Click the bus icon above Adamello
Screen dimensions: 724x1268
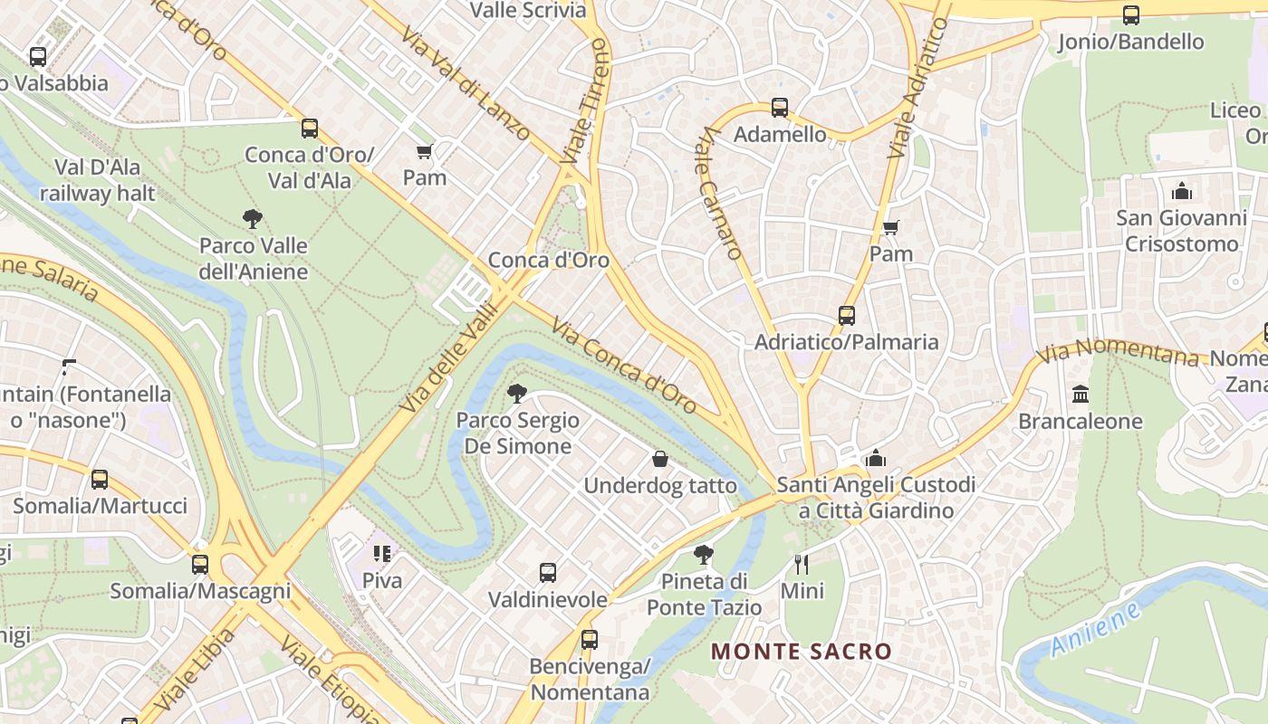pos(779,108)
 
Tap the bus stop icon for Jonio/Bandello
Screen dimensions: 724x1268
pos(1130,14)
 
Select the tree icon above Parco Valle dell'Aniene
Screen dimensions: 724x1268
pos(253,218)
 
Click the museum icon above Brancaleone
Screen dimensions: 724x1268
pos(1081,394)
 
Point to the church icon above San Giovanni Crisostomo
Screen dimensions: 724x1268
pos(1181,191)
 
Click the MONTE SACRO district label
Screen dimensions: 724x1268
pos(801,651)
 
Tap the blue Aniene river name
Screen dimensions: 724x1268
pos(1097,632)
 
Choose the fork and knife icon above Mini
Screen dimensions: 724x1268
pos(802,564)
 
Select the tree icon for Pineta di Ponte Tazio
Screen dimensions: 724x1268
pos(703,554)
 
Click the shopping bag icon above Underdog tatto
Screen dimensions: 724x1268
pos(660,459)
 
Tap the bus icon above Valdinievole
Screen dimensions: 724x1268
pos(547,572)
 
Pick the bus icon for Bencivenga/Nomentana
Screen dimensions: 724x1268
pos(589,639)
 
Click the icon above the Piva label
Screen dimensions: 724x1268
pos(381,553)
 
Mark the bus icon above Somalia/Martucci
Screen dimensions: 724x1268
pos(100,479)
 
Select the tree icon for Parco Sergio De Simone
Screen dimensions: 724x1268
pos(517,393)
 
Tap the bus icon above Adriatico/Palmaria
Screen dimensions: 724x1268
pos(846,315)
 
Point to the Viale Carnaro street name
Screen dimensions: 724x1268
pos(721,193)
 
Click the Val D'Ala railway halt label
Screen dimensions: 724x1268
pos(98,180)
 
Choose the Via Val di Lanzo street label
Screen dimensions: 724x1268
pos(466,85)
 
